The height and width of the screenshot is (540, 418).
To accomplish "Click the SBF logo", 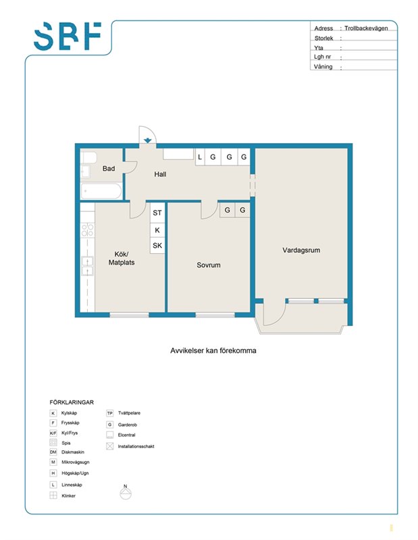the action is (x=68, y=36).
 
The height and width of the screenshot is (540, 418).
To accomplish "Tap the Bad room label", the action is (x=109, y=168).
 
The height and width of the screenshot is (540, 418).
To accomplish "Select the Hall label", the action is (x=160, y=174).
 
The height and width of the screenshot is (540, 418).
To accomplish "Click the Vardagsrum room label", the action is (x=301, y=250).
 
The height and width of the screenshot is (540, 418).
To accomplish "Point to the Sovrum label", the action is (x=209, y=265).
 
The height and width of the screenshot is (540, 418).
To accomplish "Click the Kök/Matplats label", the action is (x=122, y=259).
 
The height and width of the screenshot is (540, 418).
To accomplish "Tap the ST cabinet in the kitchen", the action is (x=157, y=213).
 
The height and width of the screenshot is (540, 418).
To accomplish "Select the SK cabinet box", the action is (x=157, y=246).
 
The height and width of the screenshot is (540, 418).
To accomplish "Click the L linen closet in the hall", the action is (x=200, y=157).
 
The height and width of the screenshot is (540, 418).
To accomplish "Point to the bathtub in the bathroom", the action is (x=101, y=191).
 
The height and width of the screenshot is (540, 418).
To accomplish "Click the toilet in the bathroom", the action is (x=88, y=157).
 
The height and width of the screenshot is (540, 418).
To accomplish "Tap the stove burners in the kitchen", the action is (x=88, y=230).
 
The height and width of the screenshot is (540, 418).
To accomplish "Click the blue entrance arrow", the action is (x=147, y=140).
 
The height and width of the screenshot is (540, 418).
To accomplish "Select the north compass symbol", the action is (x=126, y=493).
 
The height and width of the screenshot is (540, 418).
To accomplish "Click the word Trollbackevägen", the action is (x=366, y=28).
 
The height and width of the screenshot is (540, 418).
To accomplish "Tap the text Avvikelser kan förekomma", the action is (x=213, y=350).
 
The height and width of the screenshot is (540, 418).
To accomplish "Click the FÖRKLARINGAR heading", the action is (x=72, y=402).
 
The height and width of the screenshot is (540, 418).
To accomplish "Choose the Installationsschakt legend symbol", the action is (x=109, y=446).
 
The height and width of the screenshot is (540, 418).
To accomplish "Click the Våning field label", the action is (x=323, y=66).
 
